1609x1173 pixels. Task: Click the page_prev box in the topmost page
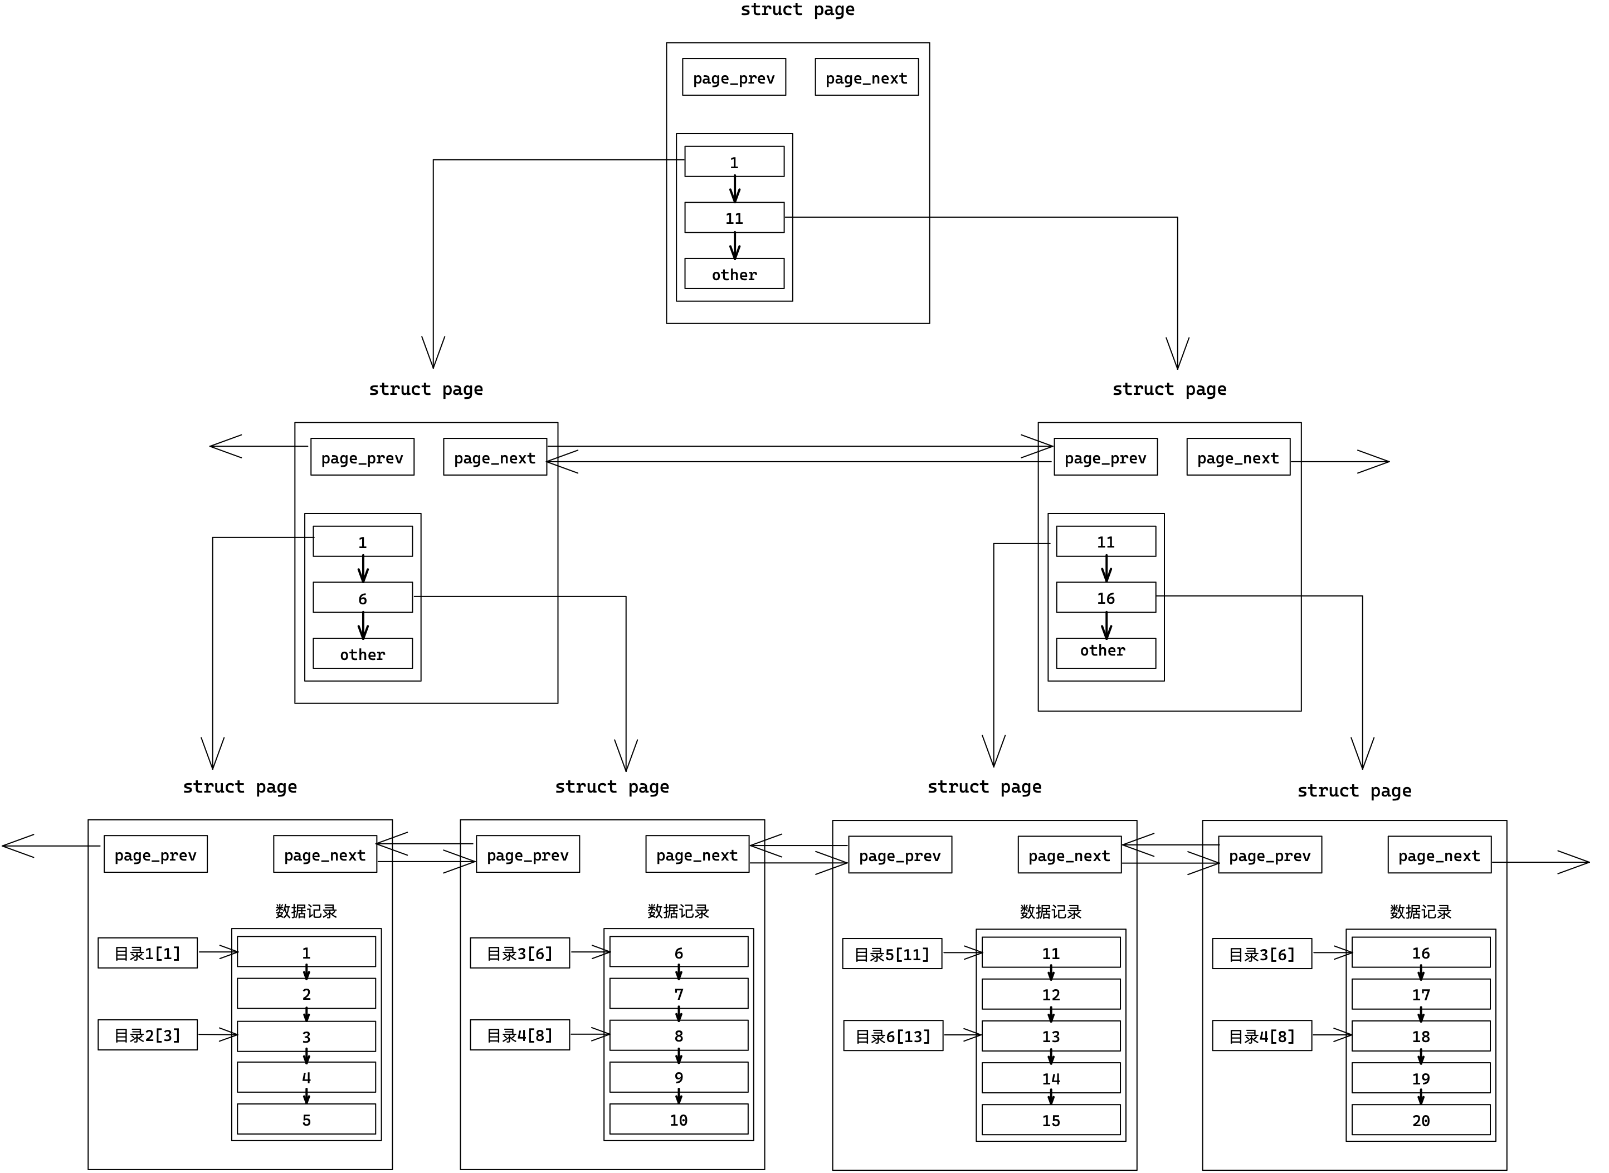point(734,77)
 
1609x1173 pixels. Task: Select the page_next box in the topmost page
point(866,77)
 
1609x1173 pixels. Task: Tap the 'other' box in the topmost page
point(734,273)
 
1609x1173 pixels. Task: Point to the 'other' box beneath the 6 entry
point(362,653)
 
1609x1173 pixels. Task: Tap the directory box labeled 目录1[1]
point(148,952)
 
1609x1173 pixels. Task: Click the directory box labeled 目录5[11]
point(892,954)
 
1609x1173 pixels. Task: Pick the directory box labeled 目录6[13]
point(893,1035)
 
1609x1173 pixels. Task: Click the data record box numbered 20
point(1421,1120)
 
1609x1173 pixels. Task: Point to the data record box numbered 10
point(679,1119)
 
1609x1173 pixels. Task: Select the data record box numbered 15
point(1051,1120)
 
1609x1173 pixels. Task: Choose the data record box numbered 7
point(679,993)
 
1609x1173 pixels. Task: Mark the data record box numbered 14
point(1051,1078)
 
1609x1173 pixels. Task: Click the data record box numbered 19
point(1421,1078)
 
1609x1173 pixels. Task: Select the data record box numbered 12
point(1051,994)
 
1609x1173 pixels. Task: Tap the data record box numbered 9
point(679,1077)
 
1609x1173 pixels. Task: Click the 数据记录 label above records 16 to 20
point(1420,912)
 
